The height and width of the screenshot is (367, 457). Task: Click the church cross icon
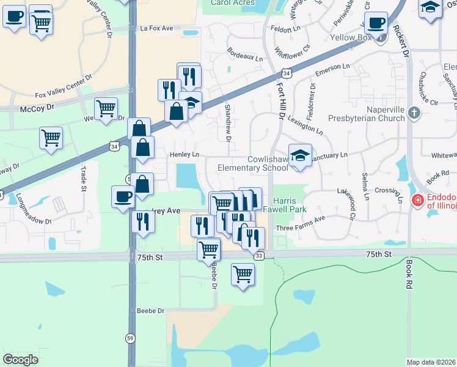(x=414, y=113)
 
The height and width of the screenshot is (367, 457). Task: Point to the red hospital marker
(x=417, y=200)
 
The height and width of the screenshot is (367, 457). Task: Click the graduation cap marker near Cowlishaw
(x=299, y=156)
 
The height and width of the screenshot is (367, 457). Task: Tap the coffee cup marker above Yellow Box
(x=377, y=24)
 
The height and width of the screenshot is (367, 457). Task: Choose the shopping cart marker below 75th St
(x=243, y=274)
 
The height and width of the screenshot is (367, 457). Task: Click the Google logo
(x=21, y=359)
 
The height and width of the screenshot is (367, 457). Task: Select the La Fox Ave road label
(x=157, y=28)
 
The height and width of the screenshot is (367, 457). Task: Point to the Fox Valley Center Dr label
(x=63, y=86)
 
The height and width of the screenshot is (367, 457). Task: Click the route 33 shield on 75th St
(x=260, y=255)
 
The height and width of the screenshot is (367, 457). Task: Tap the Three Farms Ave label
(x=301, y=227)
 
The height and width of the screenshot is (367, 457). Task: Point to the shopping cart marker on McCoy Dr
(x=106, y=109)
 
